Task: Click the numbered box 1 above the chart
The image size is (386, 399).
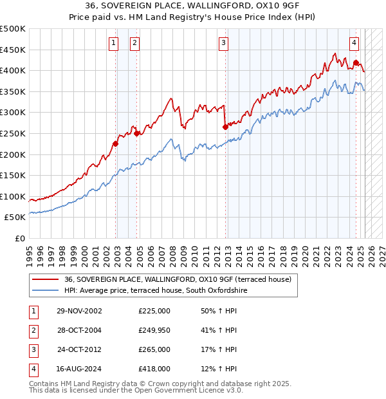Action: pyautogui.click(x=113, y=43)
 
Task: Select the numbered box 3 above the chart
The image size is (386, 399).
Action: pyautogui.click(x=223, y=43)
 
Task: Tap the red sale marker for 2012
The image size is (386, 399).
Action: pyautogui.click(x=225, y=127)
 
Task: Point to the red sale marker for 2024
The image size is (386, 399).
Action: pyautogui.click(x=356, y=63)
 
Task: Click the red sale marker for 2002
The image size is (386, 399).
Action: pyautogui.click(x=116, y=144)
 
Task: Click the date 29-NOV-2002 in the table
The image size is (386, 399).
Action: pyautogui.click(x=79, y=310)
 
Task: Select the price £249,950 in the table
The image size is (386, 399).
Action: pyautogui.click(x=154, y=330)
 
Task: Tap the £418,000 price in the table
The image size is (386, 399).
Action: pyautogui.click(x=154, y=369)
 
